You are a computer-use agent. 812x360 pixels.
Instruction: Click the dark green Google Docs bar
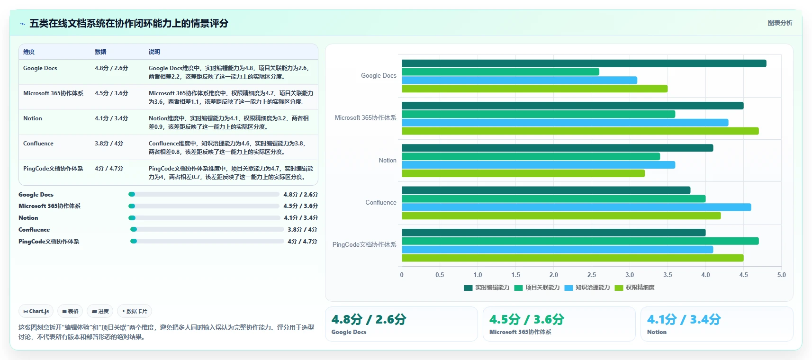click(584, 63)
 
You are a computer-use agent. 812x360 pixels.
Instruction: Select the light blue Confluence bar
click(577, 207)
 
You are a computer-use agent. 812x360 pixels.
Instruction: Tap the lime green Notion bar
click(523, 173)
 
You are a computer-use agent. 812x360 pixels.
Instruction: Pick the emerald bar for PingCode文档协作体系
click(580, 241)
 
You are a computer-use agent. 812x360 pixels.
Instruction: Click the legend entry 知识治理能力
click(587, 288)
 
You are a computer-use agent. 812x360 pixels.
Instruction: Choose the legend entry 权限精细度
click(635, 288)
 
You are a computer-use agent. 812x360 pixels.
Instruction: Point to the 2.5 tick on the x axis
click(592, 275)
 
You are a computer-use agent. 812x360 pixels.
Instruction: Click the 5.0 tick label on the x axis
click(781, 275)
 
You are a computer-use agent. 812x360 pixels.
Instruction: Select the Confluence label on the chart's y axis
click(380, 202)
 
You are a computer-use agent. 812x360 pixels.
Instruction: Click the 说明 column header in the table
click(154, 52)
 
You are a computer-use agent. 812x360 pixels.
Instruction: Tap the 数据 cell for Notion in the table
click(111, 118)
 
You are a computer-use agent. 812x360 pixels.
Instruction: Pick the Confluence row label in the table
click(38, 143)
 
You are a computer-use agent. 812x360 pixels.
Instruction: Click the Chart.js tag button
click(36, 311)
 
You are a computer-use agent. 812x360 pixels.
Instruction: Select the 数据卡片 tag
click(135, 311)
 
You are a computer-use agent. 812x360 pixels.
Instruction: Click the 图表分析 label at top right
click(780, 23)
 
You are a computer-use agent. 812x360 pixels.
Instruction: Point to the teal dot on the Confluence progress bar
click(134, 229)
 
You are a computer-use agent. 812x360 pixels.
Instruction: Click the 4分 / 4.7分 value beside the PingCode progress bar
click(302, 242)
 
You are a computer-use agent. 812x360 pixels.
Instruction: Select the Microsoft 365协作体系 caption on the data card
click(520, 332)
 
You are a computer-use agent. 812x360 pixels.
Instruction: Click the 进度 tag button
click(100, 311)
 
